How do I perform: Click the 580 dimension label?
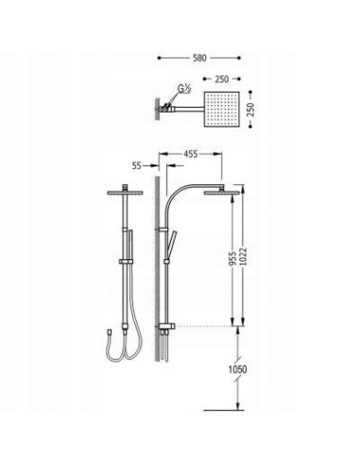click(x=199, y=58)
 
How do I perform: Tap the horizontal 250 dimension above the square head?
click(x=222, y=79)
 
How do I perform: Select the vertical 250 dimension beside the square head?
click(x=251, y=110)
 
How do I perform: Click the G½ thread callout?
click(x=184, y=89)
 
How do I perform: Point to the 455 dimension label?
click(x=191, y=154)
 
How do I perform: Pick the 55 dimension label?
click(x=137, y=165)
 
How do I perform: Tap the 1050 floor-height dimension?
click(x=237, y=370)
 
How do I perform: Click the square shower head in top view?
click(x=222, y=110)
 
